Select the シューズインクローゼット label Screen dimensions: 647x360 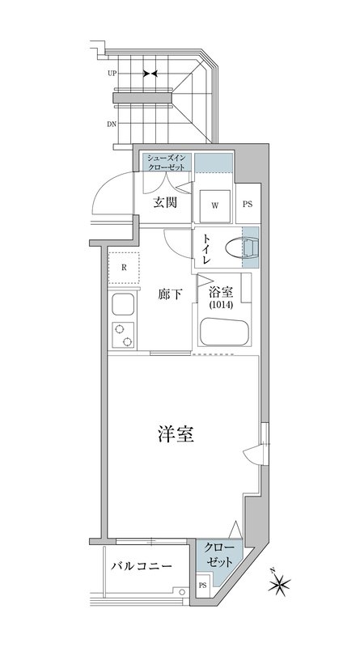click(167, 162)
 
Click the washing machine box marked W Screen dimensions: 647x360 click(215, 205)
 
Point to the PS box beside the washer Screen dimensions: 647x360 click(248, 205)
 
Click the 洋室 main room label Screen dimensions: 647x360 click(174, 434)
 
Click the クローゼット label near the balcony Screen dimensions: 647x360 click(219, 555)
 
